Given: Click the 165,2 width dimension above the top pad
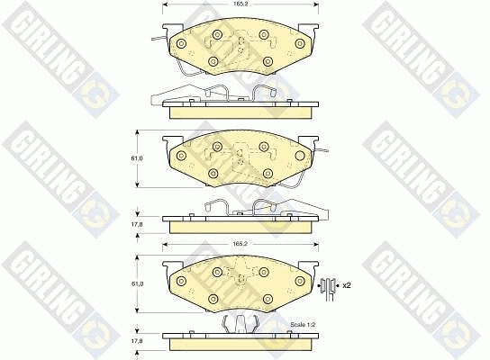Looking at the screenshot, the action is point(240,4).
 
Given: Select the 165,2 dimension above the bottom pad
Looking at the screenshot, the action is point(240,244).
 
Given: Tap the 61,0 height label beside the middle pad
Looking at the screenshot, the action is point(137,158).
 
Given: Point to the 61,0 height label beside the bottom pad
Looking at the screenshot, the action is point(137,283).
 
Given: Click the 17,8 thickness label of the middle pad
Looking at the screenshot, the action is point(137,224).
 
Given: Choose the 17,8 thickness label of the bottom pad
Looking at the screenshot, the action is point(137,341).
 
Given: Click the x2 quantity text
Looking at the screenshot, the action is point(347,285).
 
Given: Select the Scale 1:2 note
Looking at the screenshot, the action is point(303,325).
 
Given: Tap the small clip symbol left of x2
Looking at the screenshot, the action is point(328,285).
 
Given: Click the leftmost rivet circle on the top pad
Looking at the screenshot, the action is point(181,44).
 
